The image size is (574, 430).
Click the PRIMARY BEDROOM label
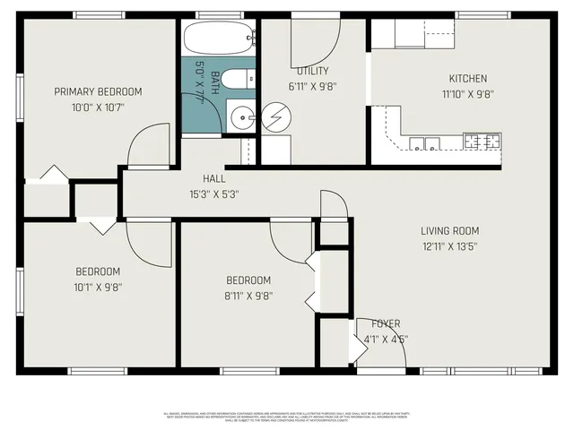(x=98, y=91)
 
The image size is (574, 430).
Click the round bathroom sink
(x=240, y=116)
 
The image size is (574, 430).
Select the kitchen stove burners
(x=482, y=141)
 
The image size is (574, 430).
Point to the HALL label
(x=213, y=178)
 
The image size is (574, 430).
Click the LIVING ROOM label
(x=450, y=230)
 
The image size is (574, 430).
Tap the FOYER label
(x=386, y=323)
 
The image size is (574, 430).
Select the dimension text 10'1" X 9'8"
(x=98, y=288)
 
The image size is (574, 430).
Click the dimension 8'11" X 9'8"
(x=248, y=296)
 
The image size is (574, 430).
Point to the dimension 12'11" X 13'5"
(x=450, y=245)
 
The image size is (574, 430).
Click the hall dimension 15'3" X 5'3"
(x=213, y=193)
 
